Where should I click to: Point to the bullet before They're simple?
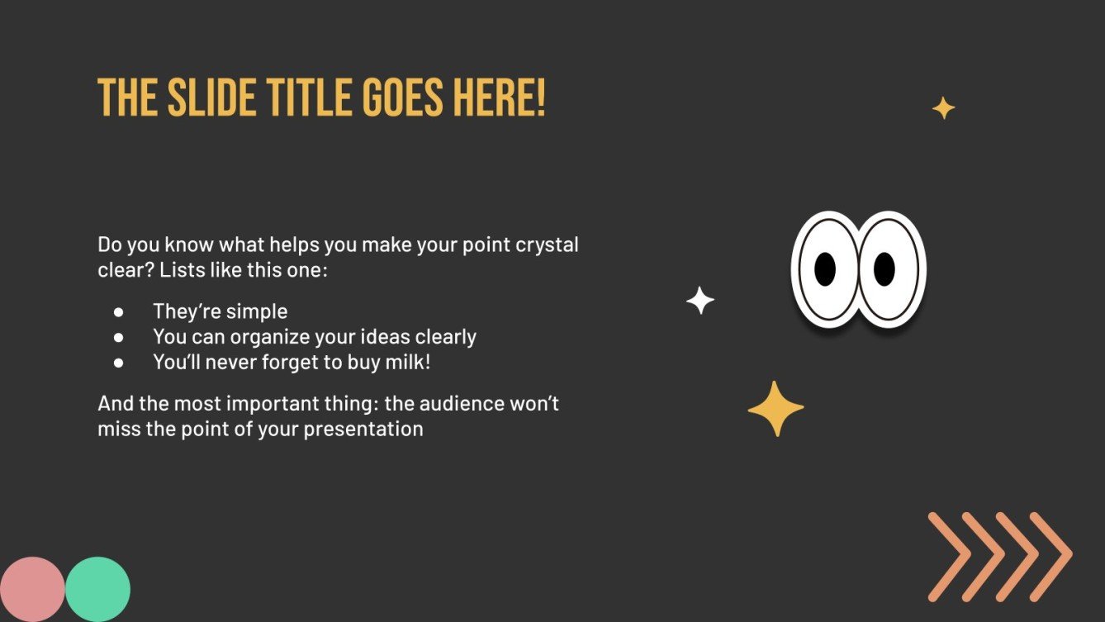[x=118, y=311]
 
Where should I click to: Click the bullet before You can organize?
[x=118, y=337]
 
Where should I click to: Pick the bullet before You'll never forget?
[x=118, y=362]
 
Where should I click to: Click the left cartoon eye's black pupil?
[x=825, y=268]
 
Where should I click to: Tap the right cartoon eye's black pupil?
[x=884, y=268]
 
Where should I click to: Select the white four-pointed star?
[x=700, y=301]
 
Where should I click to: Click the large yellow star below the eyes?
[x=775, y=409]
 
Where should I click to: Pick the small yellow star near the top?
[x=943, y=108]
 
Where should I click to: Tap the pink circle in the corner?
[x=31, y=590]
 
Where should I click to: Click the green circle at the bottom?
[x=97, y=590]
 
